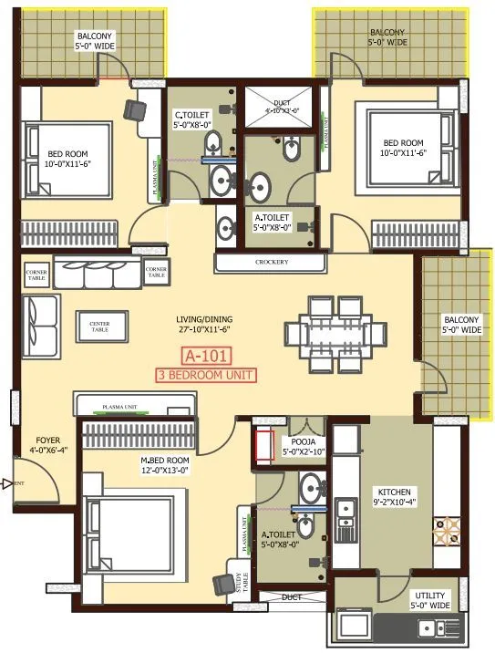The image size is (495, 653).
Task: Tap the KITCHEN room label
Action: [395, 496]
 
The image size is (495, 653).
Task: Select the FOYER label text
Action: [42, 444]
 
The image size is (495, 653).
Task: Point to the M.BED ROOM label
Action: [165, 465]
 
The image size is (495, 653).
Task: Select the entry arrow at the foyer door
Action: [6, 484]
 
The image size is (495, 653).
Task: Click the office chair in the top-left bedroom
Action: [135, 109]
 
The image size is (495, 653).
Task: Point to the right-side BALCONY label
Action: [461, 325]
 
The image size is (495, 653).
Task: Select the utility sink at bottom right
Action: [437, 627]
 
